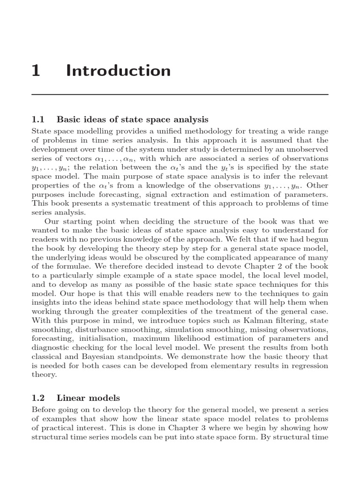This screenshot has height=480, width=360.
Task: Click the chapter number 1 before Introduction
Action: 36,71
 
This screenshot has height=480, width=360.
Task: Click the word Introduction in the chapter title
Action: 119,71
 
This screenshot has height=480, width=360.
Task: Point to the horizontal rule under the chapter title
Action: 180,95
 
